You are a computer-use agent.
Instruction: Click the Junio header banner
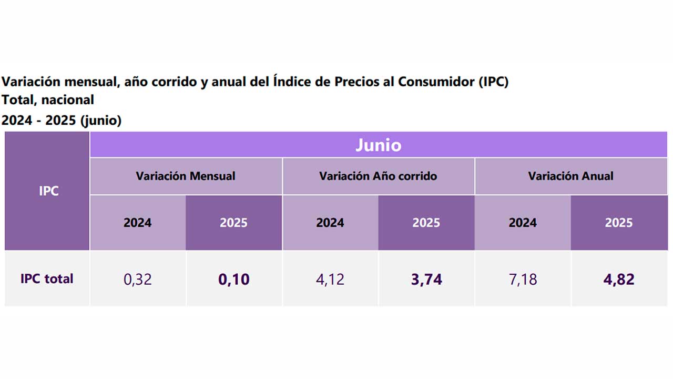click(x=379, y=145)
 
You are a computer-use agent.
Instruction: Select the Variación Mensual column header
click(x=186, y=176)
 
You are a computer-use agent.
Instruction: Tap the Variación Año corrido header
click(x=378, y=176)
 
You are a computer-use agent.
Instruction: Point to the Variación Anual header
click(x=570, y=176)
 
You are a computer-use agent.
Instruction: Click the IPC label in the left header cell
click(x=48, y=191)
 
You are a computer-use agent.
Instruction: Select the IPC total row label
click(x=47, y=278)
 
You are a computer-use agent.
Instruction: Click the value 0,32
click(x=138, y=279)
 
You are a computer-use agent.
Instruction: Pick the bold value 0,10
click(x=234, y=279)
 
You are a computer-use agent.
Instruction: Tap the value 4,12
click(x=330, y=279)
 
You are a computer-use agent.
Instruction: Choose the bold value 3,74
click(x=426, y=279)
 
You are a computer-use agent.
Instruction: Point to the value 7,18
click(x=523, y=279)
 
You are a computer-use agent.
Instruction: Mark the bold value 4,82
click(x=619, y=279)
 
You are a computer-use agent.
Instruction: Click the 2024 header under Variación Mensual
click(x=138, y=223)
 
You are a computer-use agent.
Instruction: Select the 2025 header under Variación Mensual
click(x=234, y=223)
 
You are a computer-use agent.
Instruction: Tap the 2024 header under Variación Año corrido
click(x=330, y=223)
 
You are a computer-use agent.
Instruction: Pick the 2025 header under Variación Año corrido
click(x=426, y=223)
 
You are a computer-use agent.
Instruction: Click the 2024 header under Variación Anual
click(x=523, y=223)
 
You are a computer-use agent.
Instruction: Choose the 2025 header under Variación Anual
click(x=619, y=223)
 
